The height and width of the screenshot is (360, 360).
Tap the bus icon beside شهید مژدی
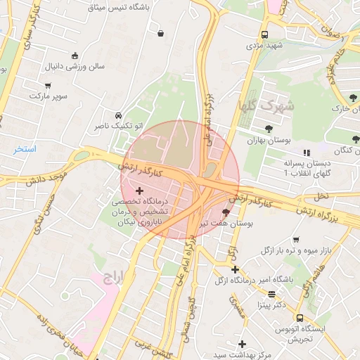(x=264, y=34)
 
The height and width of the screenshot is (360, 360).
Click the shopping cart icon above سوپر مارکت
(x=32, y=83)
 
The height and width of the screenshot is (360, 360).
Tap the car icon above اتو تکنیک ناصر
(x=118, y=115)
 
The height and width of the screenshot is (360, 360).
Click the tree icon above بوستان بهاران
(x=269, y=129)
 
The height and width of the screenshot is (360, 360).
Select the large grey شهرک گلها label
(x=257, y=106)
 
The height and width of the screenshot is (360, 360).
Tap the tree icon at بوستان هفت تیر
(x=225, y=212)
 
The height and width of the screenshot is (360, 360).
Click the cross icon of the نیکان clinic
(x=139, y=191)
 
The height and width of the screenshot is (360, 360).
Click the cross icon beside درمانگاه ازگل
(x=236, y=269)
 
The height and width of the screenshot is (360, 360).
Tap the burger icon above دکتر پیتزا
(x=271, y=294)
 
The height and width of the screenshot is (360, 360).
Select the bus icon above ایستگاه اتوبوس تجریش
(x=300, y=318)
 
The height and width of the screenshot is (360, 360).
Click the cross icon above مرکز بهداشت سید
(x=243, y=343)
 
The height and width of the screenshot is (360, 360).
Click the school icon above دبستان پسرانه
(x=306, y=153)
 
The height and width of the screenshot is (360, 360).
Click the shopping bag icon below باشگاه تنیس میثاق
(x=162, y=32)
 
